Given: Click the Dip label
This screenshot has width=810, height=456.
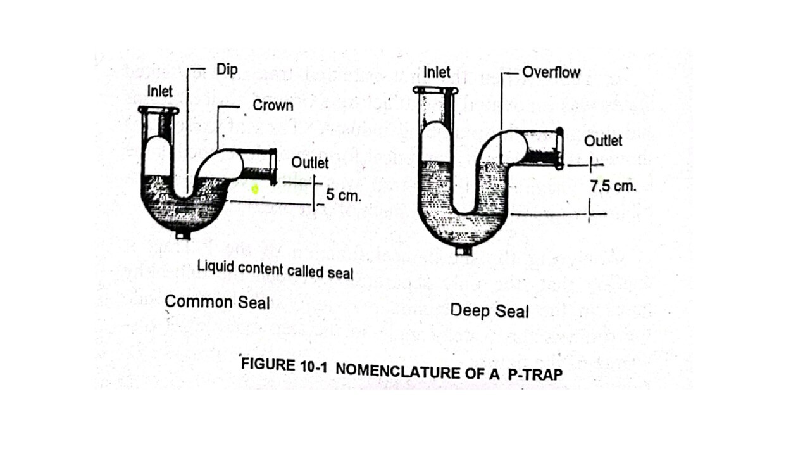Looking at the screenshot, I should (227, 70).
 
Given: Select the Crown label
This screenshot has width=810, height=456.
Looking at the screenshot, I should (273, 105).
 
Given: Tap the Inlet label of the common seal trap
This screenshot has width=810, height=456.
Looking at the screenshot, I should (159, 91).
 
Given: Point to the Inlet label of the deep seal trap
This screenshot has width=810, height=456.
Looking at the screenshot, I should (437, 72).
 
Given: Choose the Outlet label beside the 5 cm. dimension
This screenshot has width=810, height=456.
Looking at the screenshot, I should (309, 163).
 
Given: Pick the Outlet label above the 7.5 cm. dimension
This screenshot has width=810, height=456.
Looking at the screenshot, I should (602, 141).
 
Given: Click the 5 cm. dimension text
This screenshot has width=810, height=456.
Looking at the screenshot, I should (344, 195).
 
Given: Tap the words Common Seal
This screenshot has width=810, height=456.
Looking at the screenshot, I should (217, 302).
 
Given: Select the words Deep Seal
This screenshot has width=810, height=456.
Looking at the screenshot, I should (489, 311).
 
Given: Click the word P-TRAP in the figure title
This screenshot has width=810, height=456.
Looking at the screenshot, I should (535, 374).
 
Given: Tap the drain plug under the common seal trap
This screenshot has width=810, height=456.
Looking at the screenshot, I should (183, 235).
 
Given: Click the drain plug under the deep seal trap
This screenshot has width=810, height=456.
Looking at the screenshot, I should (464, 251).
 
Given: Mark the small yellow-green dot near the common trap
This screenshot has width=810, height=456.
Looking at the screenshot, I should (255, 189).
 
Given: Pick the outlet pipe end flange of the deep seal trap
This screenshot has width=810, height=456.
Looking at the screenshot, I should (559, 149).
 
